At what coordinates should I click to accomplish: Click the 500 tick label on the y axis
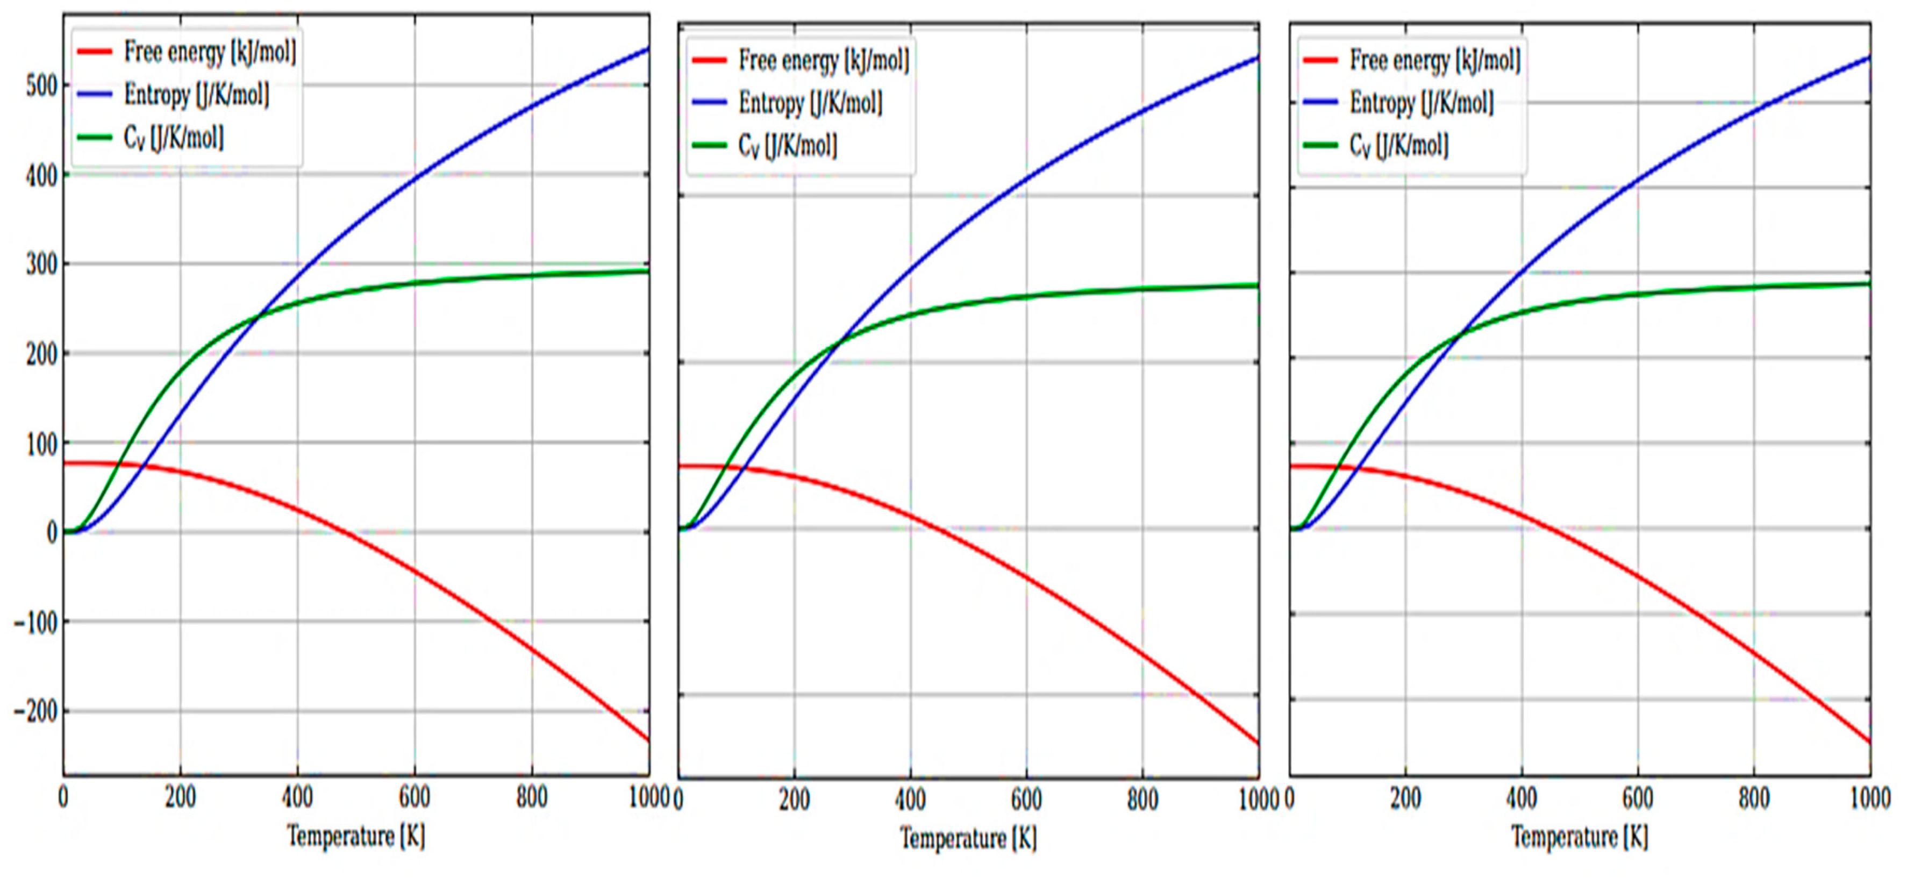pyautogui.click(x=41, y=86)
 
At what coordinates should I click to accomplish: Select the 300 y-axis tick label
pyautogui.click(x=41, y=265)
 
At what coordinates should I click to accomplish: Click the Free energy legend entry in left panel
pyautogui.click(x=210, y=52)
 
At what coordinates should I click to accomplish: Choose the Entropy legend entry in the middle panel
pyautogui.click(x=810, y=103)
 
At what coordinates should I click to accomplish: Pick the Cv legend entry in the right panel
pyautogui.click(x=1398, y=146)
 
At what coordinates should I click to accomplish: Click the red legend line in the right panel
pyautogui.click(x=1320, y=60)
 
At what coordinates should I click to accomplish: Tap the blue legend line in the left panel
pyautogui.click(x=95, y=94)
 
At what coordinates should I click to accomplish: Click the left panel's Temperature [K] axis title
pyautogui.click(x=356, y=837)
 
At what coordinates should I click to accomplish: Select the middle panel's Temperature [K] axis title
pyautogui.click(x=968, y=839)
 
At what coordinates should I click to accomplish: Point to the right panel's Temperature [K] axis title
pyautogui.click(x=1580, y=837)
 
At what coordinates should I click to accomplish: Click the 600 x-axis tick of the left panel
pyautogui.click(x=415, y=798)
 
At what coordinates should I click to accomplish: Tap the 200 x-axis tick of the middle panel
pyautogui.click(x=794, y=800)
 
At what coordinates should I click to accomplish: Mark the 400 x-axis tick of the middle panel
pyautogui.click(x=910, y=800)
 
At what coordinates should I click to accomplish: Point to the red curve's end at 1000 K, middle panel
pyautogui.click(x=1257, y=743)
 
